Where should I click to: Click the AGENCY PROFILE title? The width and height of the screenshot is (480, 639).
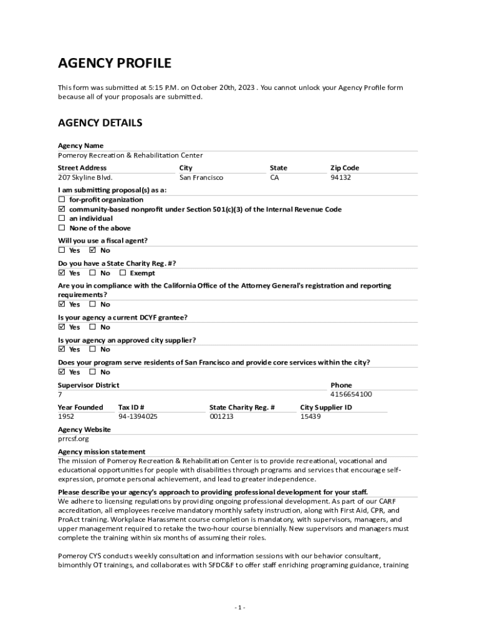tap(115, 63)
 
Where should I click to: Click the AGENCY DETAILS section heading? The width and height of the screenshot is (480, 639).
tap(100, 123)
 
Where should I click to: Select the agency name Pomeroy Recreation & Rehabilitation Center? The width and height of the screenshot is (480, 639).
tap(130, 155)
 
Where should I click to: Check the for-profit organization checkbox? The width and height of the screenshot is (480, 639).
tap(62, 200)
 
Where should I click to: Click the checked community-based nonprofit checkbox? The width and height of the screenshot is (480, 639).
tap(62, 209)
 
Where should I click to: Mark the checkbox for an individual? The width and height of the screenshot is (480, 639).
tap(62, 218)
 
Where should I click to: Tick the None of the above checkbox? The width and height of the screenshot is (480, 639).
tap(62, 228)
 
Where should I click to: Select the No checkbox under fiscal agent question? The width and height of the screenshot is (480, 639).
tap(93, 250)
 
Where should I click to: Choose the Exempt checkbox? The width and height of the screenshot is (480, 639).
tap(123, 273)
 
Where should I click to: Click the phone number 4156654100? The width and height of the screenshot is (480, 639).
tap(351, 394)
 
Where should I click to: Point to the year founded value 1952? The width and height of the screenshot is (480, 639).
tap(66, 416)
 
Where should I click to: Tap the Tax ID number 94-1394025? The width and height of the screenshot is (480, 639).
tap(138, 416)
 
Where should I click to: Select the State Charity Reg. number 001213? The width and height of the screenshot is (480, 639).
tap(221, 416)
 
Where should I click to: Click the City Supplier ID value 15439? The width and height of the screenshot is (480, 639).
tap(310, 416)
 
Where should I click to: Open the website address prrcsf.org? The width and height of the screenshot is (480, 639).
tap(69, 439)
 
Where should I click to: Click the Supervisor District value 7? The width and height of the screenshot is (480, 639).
tap(60, 394)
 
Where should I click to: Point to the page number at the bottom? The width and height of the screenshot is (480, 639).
tap(240, 608)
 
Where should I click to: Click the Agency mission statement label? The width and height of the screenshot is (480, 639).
tap(102, 452)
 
